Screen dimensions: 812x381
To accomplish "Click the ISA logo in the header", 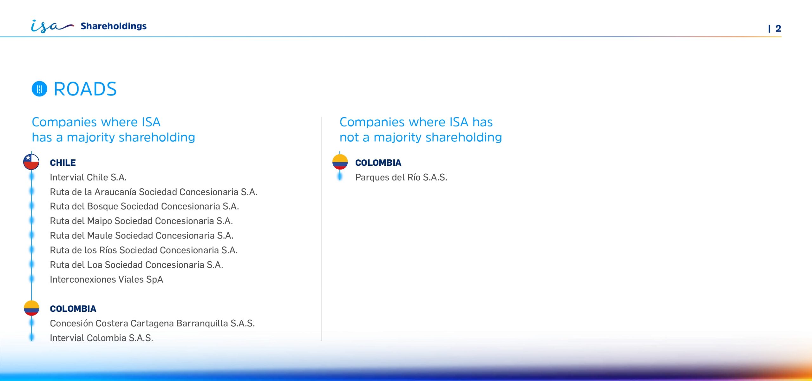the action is [x=52, y=26].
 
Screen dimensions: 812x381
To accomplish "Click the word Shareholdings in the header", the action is [x=114, y=26].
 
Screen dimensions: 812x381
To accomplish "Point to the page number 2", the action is [x=778, y=29].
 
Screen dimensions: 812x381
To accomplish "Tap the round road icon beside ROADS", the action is [x=39, y=89].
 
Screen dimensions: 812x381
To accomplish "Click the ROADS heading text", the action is [x=85, y=89].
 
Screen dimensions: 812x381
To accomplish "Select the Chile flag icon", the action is [x=31, y=162].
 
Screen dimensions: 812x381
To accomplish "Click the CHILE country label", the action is [x=63, y=163].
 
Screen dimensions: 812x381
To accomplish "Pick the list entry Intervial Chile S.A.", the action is [x=88, y=177].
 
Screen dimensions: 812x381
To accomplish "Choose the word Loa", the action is [x=95, y=265].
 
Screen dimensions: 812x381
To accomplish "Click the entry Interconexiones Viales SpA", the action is [x=107, y=279].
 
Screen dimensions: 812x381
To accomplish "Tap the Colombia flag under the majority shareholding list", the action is [x=31, y=308].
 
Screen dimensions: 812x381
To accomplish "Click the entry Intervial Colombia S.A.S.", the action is [x=101, y=338].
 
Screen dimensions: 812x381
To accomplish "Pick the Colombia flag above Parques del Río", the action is [x=340, y=162].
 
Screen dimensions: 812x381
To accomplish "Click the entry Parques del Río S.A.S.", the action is [x=401, y=177].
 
